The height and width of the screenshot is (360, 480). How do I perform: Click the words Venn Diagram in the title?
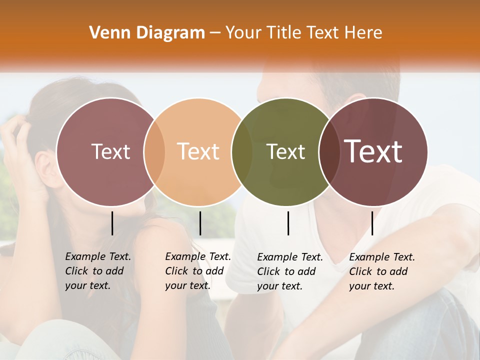click(x=147, y=33)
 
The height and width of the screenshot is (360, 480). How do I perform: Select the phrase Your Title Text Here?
click(x=303, y=33)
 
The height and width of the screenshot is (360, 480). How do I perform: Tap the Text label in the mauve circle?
click(x=110, y=151)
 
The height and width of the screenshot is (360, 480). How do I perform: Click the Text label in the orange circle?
click(x=198, y=151)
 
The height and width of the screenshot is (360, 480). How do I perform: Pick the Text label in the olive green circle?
click(x=286, y=151)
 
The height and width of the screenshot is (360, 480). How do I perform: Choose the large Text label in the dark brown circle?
click(x=373, y=151)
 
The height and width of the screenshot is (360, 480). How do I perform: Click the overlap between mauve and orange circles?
click(x=154, y=152)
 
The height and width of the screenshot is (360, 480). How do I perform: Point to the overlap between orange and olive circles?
click(x=242, y=152)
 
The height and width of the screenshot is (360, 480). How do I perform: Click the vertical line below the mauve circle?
click(x=112, y=223)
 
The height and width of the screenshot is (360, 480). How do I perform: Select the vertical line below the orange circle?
click(x=200, y=223)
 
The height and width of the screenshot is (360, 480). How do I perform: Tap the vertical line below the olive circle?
click(x=288, y=223)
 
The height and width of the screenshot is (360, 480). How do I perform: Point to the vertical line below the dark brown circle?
click(x=372, y=223)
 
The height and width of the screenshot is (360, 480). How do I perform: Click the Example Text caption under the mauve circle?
click(x=97, y=271)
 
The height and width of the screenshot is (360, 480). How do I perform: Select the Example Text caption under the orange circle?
click(x=197, y=271)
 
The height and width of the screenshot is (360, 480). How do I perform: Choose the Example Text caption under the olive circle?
click(x=289, y=271)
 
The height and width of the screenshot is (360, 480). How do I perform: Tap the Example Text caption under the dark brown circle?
click(x=381, y=271)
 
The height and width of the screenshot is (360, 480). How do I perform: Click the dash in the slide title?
click(x=215, y=33)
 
